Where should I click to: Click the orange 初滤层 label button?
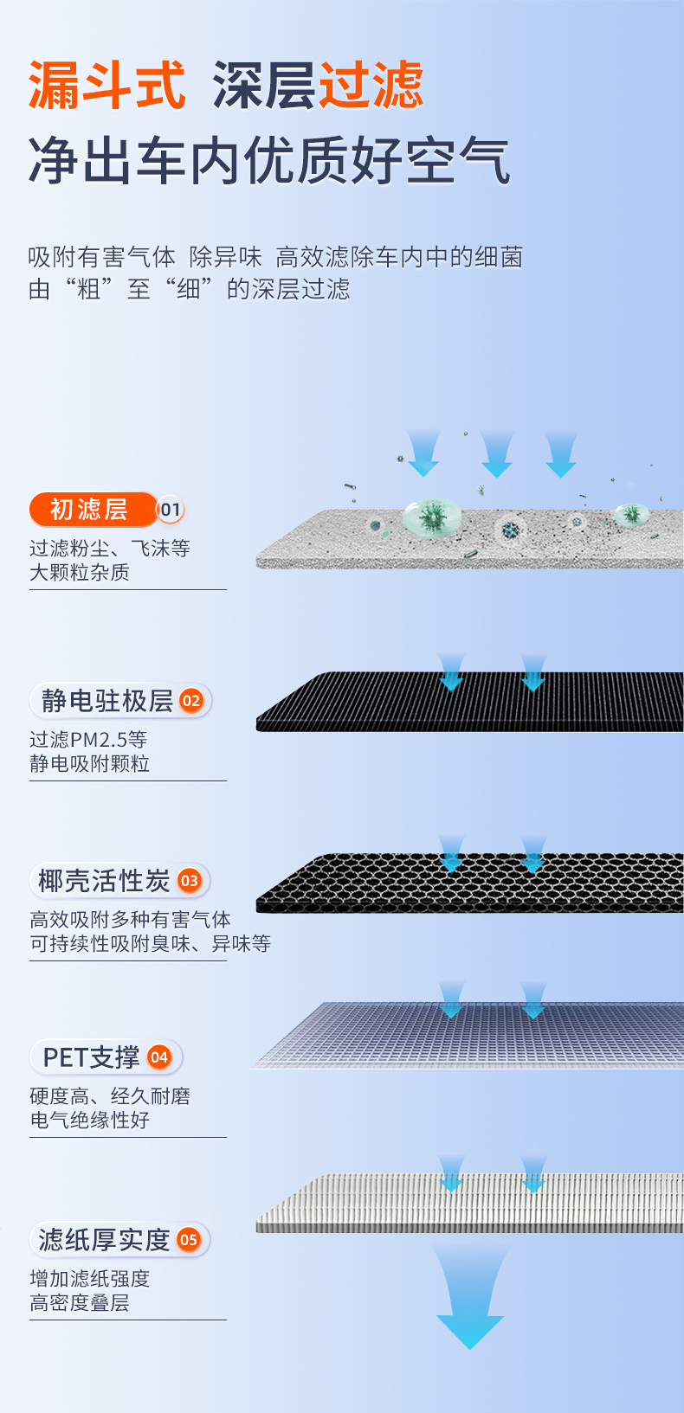pyautogui.click(x=90, y=510)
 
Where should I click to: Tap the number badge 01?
pyautogui.click(x=171, y=510)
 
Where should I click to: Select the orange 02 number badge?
pyautogui.click(x=191, y=701)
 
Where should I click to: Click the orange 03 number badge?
pyautogui.click(x=190, y=881)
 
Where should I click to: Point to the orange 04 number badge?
pyautogui.click(x=159, y=1057)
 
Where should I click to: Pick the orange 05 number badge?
pyautogui.click(x=189, y=1239)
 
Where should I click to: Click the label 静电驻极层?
pyautogui.click(x=107, y=701)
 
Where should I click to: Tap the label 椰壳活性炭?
pyautogui.click(x=105, y=881)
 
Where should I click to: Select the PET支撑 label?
pyautogui.click(x=92, y=1057)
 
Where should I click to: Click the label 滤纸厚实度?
pyautogui.click(x=105, y=1239)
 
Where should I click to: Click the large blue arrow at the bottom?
pyautogui.click(x=470, y=1298)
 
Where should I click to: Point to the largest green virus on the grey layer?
pyautogui.click(x=431, y=517)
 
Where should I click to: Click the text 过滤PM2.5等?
pyautogui.click(x=88, y=739)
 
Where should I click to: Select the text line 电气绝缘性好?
pyautogui.click(x=90, y=1120)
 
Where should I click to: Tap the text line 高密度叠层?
pyautogui.click(x=80, y=1302)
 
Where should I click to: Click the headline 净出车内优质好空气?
pyautogui.click(x=269, y=161)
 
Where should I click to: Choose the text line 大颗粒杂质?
pyautogui.click(x=80, y=572)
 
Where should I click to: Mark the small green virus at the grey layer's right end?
pyautogui.click(x=632, y=515)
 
